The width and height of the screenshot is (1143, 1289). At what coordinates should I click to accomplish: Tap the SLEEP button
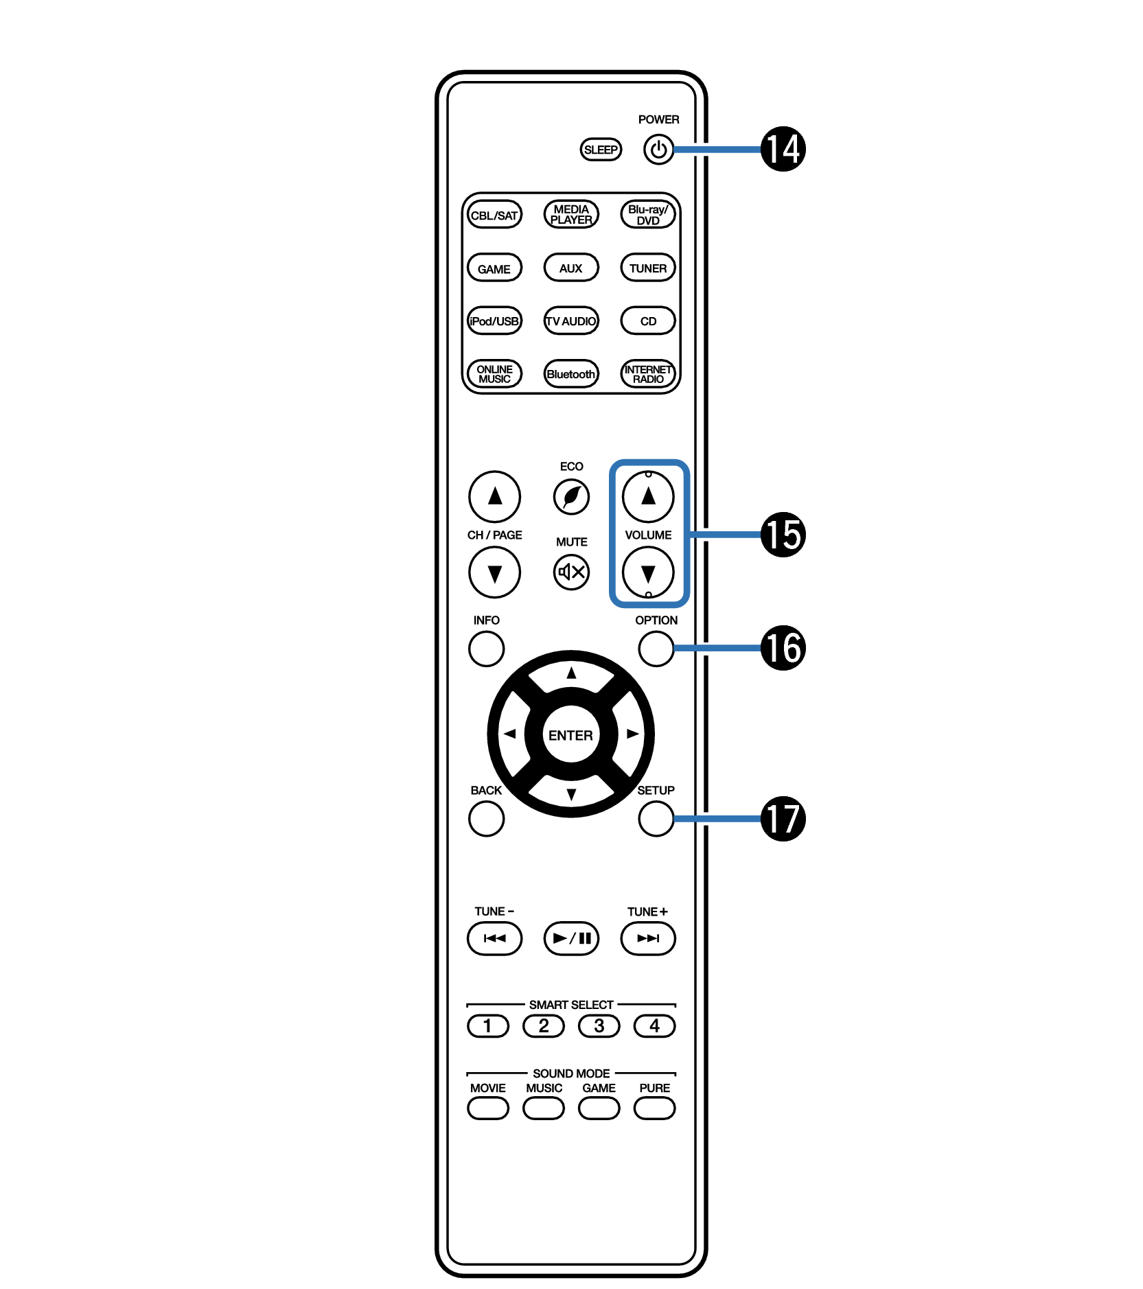601,150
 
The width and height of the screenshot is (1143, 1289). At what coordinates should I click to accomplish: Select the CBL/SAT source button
494,215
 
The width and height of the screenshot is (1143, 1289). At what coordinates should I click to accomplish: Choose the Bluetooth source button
571,374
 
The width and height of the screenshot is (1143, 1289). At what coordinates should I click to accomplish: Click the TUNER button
648,268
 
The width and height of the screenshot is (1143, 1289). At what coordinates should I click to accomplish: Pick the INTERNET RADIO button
648,374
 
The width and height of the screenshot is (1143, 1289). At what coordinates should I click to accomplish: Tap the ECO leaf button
571,496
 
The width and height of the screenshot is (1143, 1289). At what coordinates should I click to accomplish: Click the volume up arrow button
648,496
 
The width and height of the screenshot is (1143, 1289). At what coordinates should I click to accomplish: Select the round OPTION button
656,648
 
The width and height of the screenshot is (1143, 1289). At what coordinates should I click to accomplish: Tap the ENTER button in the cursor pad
570,735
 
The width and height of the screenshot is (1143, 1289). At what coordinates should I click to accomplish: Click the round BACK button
486,818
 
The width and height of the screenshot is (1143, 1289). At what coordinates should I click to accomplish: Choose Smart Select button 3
599,1026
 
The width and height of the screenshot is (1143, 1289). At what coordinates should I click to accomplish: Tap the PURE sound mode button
655,1108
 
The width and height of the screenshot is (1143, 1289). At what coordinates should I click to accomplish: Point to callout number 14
783,149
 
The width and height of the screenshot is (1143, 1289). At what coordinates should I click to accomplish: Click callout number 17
783,818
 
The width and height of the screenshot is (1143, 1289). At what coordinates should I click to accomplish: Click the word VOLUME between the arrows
648,535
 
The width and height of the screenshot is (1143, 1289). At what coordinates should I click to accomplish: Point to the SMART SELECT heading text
571,1004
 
